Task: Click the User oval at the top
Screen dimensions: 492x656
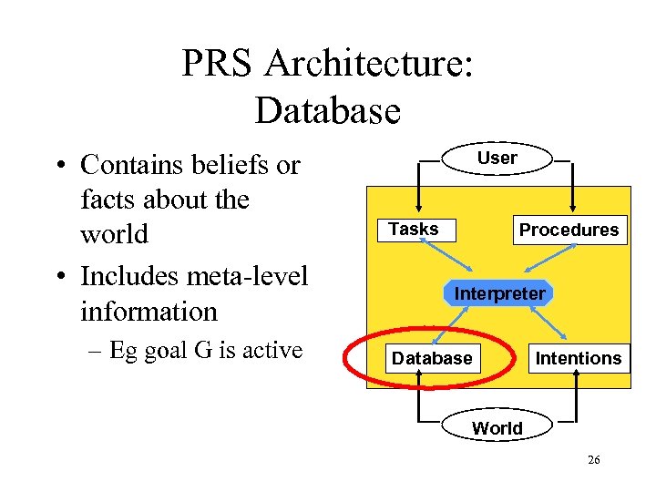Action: click(497, 158)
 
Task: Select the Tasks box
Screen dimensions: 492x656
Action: click(414, 230)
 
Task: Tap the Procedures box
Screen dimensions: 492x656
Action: click(569, 231)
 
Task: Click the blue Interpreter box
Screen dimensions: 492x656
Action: click(499, 293)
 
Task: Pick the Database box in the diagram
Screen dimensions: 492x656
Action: click(432, 358)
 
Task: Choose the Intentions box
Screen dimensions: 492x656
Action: click(578, 358)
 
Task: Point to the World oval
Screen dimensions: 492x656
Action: click(497, 427)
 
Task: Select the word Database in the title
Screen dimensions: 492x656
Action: click(327, 110)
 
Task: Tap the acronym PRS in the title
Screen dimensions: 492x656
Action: click(216, 65)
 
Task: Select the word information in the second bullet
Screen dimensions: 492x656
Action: click(149, 311)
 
